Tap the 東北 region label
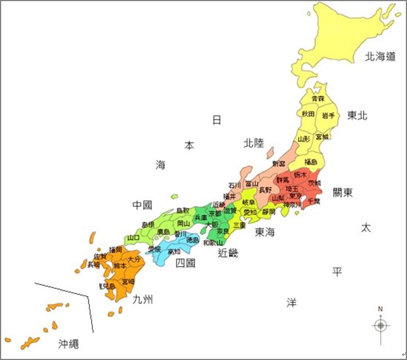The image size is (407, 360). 357,115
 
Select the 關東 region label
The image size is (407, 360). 343,193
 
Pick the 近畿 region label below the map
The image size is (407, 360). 227,253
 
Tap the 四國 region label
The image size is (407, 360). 185,263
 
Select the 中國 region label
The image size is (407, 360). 142,204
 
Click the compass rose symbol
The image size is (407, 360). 381,325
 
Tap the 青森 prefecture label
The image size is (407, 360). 318,99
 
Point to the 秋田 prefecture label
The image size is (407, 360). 308,114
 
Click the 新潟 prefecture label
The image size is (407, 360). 279,163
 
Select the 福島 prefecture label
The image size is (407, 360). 311,162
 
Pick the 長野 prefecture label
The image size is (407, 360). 265,190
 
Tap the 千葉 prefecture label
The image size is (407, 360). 314,201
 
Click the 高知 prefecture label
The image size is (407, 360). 174,252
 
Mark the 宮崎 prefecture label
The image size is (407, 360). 128,281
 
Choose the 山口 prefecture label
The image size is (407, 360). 133,238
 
